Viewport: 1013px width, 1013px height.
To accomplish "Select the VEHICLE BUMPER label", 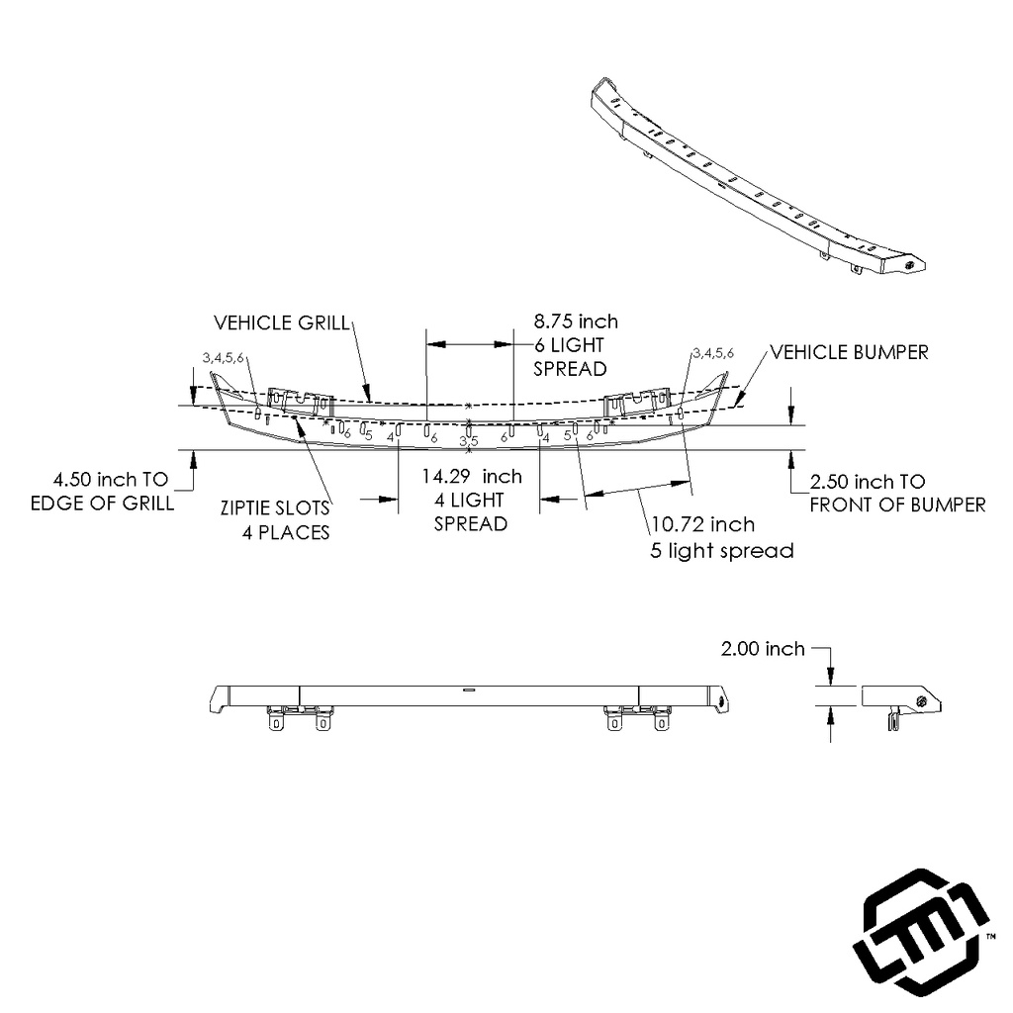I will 849,352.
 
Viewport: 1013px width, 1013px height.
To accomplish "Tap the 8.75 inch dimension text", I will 576,321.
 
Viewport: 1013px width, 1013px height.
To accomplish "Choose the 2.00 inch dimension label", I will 763,649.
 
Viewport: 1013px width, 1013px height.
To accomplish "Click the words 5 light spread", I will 721,551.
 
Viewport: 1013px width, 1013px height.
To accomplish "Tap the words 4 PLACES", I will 286,532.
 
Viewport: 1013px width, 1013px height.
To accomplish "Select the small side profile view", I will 900,703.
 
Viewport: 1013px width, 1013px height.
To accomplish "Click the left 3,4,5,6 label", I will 223,357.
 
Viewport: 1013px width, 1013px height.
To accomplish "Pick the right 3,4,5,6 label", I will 713,352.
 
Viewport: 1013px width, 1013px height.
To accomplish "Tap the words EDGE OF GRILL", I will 102,503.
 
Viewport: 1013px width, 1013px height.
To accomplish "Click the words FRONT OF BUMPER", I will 897,505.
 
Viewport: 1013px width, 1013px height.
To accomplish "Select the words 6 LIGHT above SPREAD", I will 569,344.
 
